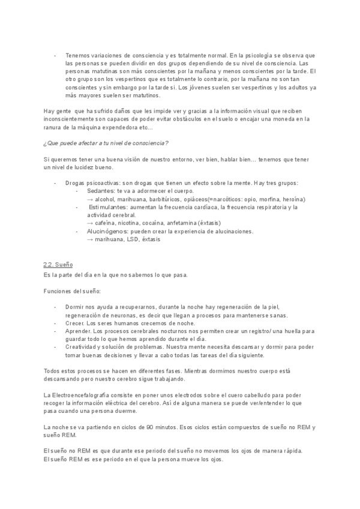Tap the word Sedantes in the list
(101, 191)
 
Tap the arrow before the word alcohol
(90, 199)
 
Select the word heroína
(292, 199)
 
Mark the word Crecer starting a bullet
(75, 323)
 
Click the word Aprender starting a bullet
(78, 331)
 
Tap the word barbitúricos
(165, 199)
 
